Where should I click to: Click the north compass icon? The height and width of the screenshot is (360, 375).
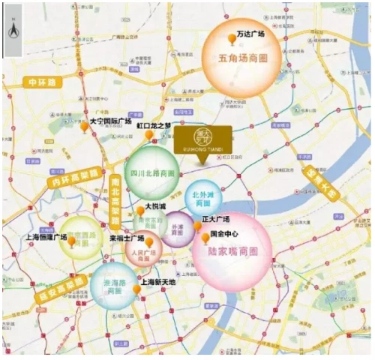pyautogui.click(x=12, y=31)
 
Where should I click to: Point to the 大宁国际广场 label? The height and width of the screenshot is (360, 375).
pyautogui.click(x=110, y=120)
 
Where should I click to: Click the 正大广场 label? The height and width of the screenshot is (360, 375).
pyautogui.click(x=215, y=220)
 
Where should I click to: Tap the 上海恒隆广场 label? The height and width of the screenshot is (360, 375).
pyautogui.click(x=46, y=237)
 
